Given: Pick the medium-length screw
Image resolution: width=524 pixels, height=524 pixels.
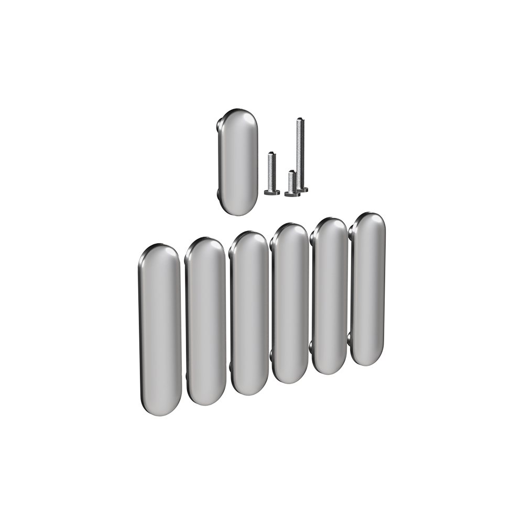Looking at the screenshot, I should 271,173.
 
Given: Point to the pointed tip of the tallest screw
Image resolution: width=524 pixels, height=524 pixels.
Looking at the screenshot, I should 300,120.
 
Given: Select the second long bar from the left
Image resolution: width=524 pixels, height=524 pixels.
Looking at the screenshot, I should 205,321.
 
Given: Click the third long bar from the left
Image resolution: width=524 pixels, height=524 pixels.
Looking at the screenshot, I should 250,313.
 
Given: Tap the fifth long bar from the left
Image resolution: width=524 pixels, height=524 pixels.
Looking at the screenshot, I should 330,296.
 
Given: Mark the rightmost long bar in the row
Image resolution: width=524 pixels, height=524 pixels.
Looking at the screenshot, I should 368,289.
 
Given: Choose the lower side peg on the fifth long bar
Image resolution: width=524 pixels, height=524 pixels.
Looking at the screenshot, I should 312,346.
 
